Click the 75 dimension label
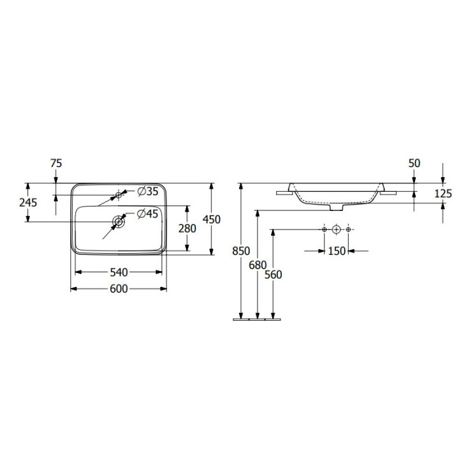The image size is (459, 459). pyautogui.click(x=56, y=163)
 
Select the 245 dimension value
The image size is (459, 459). pyautogui.click(x=28, y=202)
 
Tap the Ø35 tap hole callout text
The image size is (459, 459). pyautogui.click(x=147, y=191)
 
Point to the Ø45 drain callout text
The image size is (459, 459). pyautogui.click(x=147, y=214)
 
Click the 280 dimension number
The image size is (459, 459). pyautogui.click(x=187, y=228)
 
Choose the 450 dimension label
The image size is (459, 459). pyautogui.click(x=212, y=219)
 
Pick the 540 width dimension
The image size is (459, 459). pyautogui.click(x=119, y=273)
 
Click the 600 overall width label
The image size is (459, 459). pyautogui.click(x=119, y=289)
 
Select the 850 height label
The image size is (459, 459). pyautogui.click(x=241, y=251)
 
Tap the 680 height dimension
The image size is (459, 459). pyautogui.click(x=258, y=265)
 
